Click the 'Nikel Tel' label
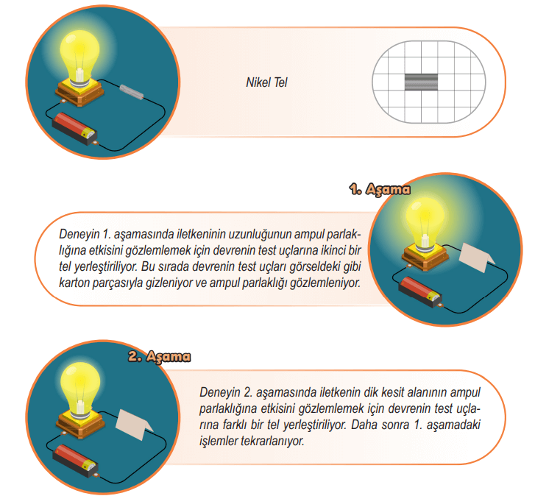(266, 82)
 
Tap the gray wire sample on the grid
(421, 82)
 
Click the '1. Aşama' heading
(380, 189)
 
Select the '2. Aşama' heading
(160, 356)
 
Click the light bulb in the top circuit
(79, 58)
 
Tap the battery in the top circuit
(74, 129)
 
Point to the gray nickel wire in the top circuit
(132, 92)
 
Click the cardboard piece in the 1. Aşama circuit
(476, 258)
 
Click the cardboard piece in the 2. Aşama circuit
(134, 425)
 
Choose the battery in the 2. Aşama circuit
(75, 460)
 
